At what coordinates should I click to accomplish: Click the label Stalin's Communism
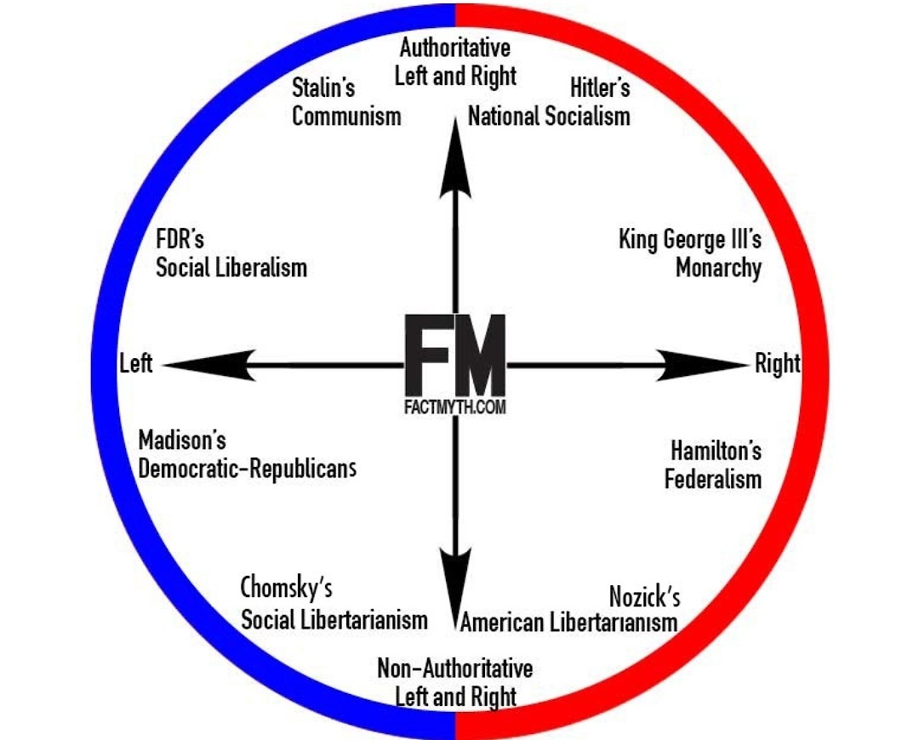tap(345, 101)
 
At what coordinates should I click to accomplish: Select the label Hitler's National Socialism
tap(550, 101)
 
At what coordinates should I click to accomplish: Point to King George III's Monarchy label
tap(690, 253)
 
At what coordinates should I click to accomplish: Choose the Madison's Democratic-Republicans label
tap(247, 455)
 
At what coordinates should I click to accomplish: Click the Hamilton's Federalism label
tap(713, 464)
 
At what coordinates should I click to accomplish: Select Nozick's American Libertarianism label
tap(569, 609)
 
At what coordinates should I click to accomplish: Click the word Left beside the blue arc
tap(136, 364)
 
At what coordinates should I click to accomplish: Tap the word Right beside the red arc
tap(778, 364)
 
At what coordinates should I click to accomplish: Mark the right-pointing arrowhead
tap(703, 365)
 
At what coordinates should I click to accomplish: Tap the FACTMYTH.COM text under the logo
tap(455, 407)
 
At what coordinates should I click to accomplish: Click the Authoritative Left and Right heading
tap(457, 61)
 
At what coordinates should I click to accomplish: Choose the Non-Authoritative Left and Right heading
tap(455, 682)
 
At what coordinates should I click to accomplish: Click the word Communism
tap(346, 116)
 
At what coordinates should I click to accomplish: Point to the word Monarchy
tap(718, 268)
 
